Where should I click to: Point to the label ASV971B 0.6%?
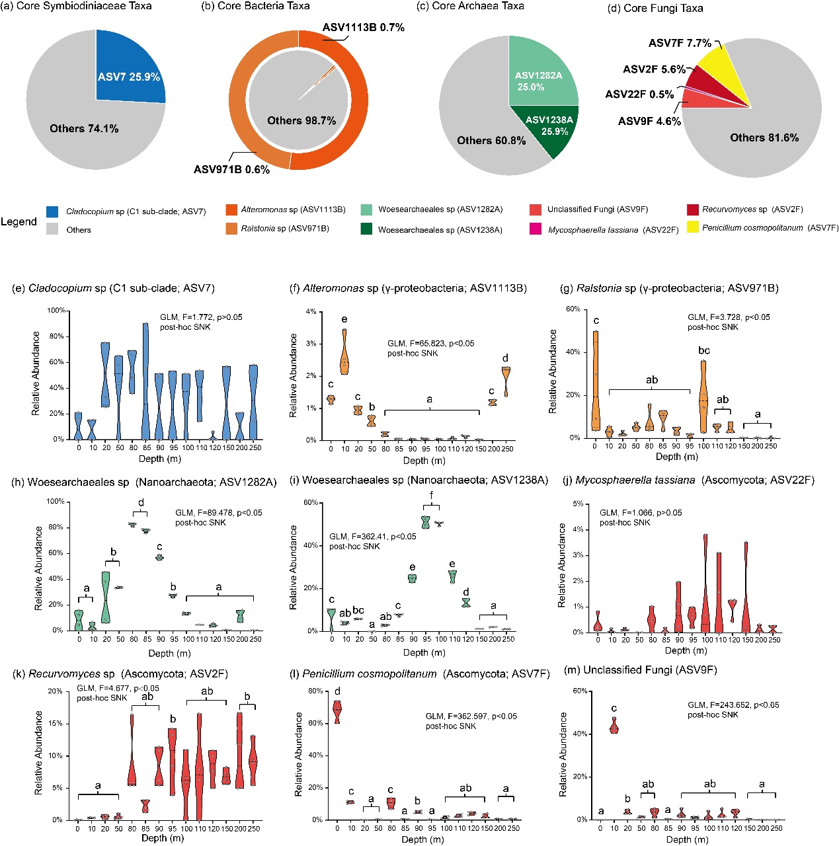pyautogui.click(x=231, y=170)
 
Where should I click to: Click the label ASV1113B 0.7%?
pyautogui.click(x=364, y=28)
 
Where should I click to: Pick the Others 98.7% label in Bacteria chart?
pyautogui.click(x=301, y=120)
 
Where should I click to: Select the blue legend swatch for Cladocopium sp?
pyautogui.click(x=52, y=212)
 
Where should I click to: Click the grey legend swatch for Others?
pyautogui.click(x=52, y=230)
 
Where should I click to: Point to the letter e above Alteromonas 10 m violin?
pyautogui.click(x=344, y=320)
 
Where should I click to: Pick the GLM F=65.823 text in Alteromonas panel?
pyautogui.click(x=431, y=344)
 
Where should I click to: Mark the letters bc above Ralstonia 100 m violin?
pyautogui.click(x=704, y=350)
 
